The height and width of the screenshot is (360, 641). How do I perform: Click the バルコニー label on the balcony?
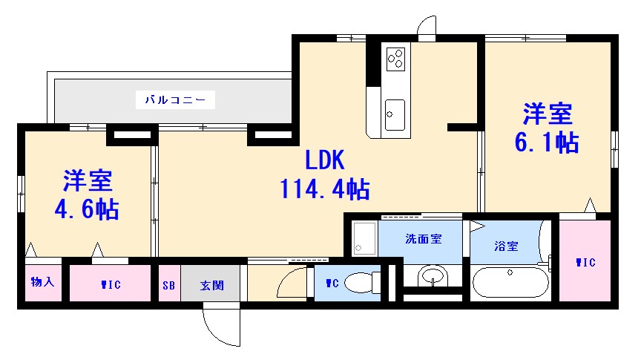pos(175,99)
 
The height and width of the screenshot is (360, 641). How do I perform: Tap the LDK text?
pos(324,160)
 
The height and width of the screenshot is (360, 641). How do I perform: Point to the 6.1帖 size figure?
pos(547,141)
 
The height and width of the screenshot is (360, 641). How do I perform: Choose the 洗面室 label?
pos(423,239)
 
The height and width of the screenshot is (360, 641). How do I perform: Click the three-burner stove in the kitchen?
pos(395,56)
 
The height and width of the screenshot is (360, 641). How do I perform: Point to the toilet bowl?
pos(361,283)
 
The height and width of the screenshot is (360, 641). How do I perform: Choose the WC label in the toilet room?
pos(332,282)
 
